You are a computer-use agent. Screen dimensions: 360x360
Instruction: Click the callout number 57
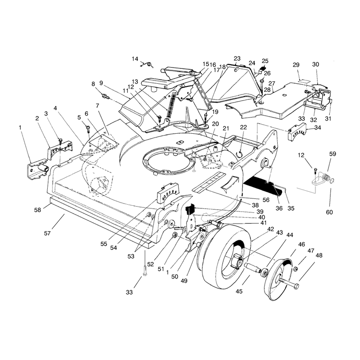coord(47,233)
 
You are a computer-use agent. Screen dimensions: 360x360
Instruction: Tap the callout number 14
coord(135,59)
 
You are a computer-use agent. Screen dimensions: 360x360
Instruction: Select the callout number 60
coord(329,212)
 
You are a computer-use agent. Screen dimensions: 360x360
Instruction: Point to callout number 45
coord(239,291)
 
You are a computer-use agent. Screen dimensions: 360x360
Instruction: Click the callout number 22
coord(243,127)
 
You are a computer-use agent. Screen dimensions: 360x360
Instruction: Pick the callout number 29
coord(296,65)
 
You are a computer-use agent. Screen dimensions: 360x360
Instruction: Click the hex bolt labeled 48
coord(288,283)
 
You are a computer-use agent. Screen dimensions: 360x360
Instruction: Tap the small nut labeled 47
coord(296,269)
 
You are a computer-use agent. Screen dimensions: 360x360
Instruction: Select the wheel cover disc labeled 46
coord(279,279)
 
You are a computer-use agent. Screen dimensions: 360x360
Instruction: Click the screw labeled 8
coord(105,95)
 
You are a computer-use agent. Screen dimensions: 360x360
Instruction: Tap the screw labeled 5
coord(88,129)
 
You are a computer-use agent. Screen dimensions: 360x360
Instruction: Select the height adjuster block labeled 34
coord(297,132)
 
